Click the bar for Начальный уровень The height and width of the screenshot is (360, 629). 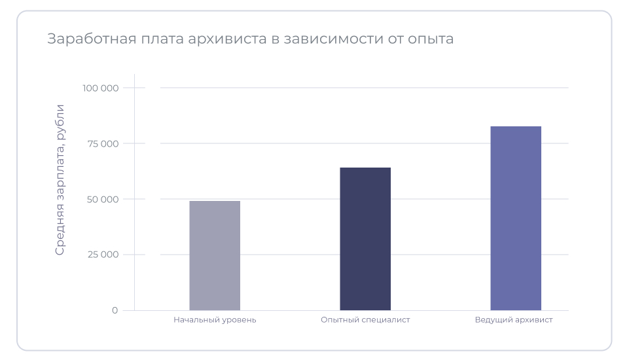pos(215,255)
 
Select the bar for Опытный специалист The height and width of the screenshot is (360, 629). pos(365,239)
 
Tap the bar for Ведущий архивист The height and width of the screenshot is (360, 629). pos(516,218)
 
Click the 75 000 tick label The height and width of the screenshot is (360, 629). pos(103,143)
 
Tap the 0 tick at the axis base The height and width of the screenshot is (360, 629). pos(115,310)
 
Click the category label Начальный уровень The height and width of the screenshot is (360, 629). pos(215,320)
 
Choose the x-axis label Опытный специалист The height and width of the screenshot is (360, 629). pos(365,320)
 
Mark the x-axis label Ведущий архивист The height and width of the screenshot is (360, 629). pos(514,320)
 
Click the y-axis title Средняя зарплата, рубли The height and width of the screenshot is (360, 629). pos(60,179)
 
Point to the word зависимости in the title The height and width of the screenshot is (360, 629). pos(333,39)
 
